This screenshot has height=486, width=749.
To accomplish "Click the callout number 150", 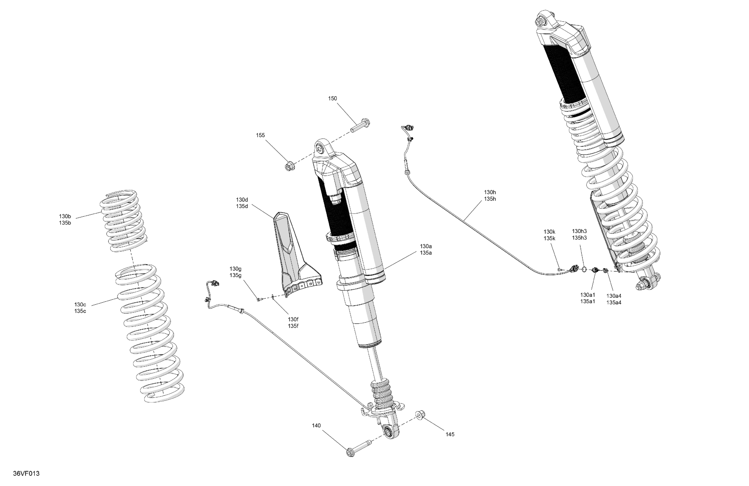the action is (332, 99).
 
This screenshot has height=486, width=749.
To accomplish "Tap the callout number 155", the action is (260, 136).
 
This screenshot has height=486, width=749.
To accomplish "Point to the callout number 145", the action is (450, 435).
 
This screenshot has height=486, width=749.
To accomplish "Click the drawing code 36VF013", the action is (27, 474).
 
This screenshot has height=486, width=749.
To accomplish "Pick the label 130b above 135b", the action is (65, 216).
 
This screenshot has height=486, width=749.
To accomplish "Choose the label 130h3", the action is (579, 231).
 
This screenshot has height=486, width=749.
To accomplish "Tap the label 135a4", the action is (614, 303).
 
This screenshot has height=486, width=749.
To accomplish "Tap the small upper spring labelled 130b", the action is (124, 220).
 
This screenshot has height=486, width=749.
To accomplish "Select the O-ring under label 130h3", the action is (584, 269).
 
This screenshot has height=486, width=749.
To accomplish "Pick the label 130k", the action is (549, 232).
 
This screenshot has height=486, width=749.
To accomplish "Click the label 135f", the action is (293, 326).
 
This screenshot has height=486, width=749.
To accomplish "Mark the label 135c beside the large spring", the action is (80, 311).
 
